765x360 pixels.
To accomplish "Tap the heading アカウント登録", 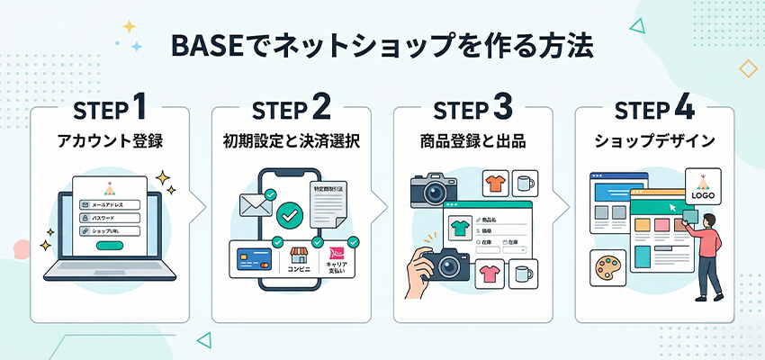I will point(110,142).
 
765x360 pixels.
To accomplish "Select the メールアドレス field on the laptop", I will point(109,205).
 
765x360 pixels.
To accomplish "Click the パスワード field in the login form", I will point(109,218).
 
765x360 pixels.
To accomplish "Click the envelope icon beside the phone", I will point(256,205).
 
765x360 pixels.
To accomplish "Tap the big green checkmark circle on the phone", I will point(289,216).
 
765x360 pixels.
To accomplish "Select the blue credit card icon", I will point(253,261).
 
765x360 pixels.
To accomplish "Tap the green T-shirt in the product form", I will point(459,227).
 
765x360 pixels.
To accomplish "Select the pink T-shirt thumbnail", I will point(489,274).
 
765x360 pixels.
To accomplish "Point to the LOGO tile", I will point(704,186).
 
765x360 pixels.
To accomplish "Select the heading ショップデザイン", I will point(653,142).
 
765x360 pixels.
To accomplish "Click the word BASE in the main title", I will point(202,46).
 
